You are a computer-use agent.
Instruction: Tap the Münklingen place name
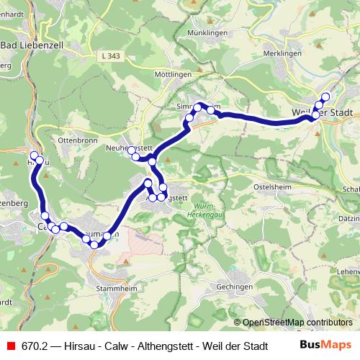pyautogui.click(x=206, y=33)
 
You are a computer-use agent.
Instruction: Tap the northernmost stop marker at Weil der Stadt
pyautogui.click(x=325, y=96)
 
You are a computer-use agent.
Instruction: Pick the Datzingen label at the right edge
pyautogui.click(x=349, y=217)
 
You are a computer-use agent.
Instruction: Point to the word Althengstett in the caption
pyautogui.click(x=162, y=345)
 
